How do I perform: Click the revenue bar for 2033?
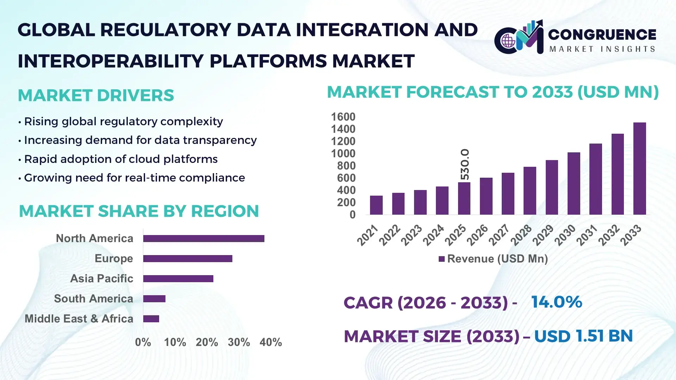click(639, 169)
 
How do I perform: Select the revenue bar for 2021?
click(376, 205)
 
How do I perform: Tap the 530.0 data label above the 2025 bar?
click(465, 164)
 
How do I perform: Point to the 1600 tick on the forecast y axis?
click(343, 117)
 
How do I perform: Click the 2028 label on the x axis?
click(521, 235)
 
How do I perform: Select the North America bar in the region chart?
click(204, 239)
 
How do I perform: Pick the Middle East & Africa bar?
click(151, 319)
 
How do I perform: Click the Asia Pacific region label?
click(101, 279)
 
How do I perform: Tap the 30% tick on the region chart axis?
click(239, 342)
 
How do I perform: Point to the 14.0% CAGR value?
click(556, 302)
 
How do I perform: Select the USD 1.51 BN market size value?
click(583, 336)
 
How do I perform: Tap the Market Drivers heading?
click(96, 95)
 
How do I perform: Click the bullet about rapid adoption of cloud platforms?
click(120, 159)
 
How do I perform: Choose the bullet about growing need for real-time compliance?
click(134, 178)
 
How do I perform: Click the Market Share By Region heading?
click(139, 211)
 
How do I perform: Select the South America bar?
click(154, 299)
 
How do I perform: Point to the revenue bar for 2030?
click(574, 183)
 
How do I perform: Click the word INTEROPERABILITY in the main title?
click(111, 61)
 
